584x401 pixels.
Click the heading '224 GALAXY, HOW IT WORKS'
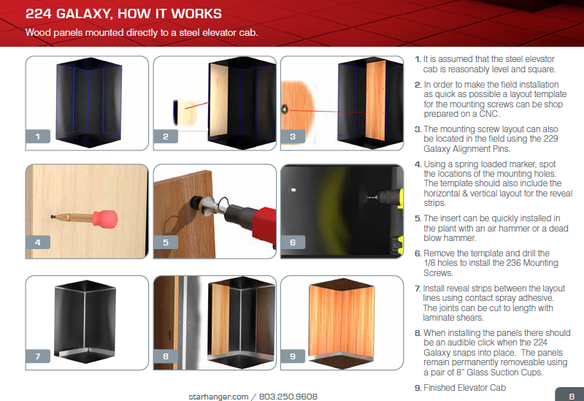(124, 14)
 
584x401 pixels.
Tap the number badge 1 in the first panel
(36, 135)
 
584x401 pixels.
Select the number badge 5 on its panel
(166, 242)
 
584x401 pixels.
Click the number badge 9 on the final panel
(293, 356)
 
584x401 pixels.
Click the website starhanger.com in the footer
(218, 396)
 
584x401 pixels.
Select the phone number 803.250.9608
(289, 396)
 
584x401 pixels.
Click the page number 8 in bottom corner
(571, 395)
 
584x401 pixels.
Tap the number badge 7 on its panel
(37, 356)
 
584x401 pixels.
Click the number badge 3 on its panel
(293, 136)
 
